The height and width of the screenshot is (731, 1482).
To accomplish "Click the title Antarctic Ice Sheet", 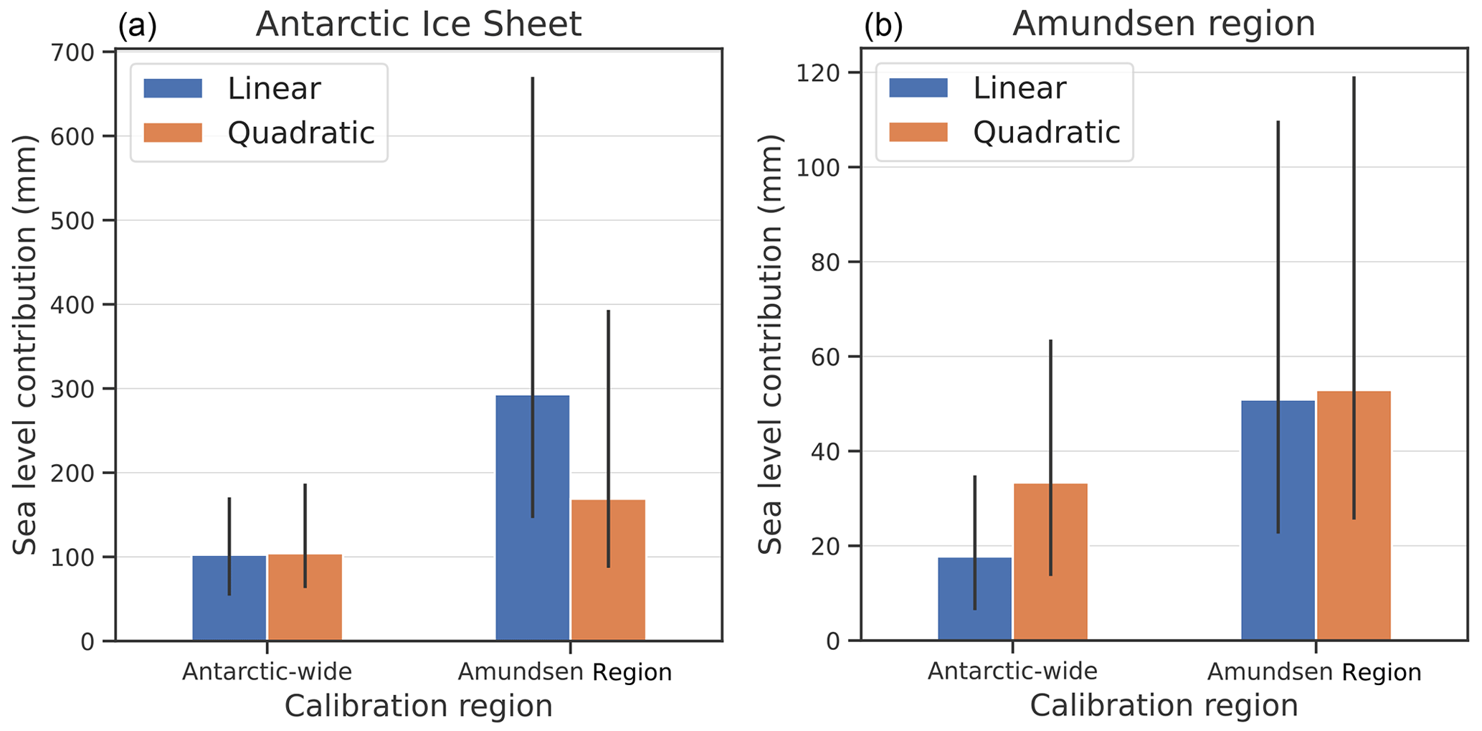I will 419,24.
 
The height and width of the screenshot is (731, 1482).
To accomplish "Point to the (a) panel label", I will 137,27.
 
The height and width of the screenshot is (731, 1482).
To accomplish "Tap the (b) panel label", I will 883,27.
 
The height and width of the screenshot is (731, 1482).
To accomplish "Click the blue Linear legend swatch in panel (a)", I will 173,88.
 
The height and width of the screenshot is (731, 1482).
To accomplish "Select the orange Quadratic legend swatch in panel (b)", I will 918,133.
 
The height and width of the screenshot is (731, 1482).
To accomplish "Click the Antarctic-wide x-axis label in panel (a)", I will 267,672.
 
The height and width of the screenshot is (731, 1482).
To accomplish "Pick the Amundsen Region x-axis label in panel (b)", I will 1314,673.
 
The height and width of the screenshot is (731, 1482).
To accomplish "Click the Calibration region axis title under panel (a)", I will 419,707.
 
